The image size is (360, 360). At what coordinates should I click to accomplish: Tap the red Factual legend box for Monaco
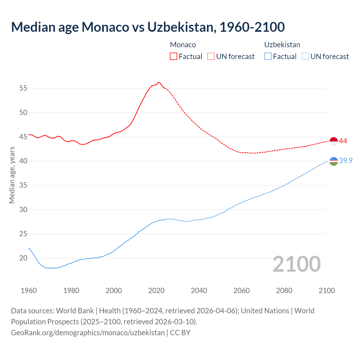pos(174,56)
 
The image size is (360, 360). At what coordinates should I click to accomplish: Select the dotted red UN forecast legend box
pos(211,56)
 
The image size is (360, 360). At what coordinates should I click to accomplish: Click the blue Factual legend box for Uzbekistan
pos(268,56)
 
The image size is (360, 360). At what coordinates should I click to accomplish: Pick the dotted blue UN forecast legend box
pos(305,56)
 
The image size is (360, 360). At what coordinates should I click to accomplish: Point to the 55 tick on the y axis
pos(23,88)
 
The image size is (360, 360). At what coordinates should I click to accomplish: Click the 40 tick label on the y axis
pos(23,161)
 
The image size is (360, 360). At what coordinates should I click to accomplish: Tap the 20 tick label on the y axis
pos(23,258)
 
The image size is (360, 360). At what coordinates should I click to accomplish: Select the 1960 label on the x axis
pos(29,291)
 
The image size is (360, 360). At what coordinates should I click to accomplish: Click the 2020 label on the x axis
pos(156,291)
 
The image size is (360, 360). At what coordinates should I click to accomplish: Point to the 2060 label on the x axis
pos(242,291)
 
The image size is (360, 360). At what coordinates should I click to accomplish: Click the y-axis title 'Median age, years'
pos(12,175)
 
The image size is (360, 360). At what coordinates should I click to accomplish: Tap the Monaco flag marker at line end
pos(334,141)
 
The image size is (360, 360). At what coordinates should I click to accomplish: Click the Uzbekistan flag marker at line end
pos(334,161)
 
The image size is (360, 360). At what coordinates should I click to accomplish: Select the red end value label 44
pos(343,141)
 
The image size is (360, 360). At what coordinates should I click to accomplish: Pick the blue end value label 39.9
pos(346,161)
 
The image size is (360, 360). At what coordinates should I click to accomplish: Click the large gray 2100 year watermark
pos(297,264)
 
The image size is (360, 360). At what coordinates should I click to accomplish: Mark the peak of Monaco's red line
pos(158,82)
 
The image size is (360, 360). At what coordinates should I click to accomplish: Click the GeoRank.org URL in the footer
pos(88,332)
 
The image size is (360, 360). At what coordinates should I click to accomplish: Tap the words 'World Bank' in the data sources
pos(75,311)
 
